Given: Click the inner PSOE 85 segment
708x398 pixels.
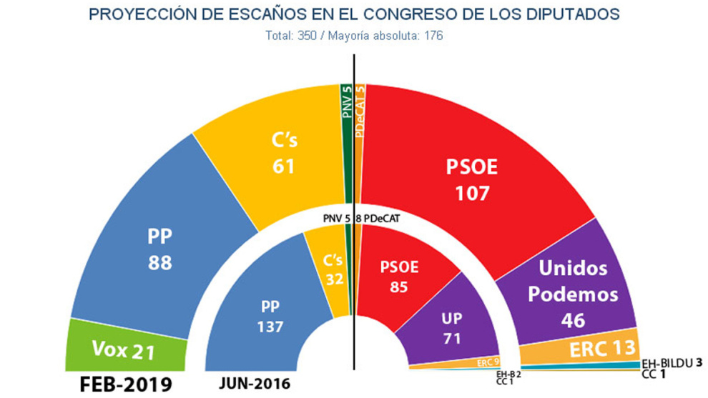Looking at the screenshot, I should [x=399, y=275].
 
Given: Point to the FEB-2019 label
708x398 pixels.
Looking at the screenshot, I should [x=119, y=384].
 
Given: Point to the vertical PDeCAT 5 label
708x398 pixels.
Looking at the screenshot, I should [x=360, y=104].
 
